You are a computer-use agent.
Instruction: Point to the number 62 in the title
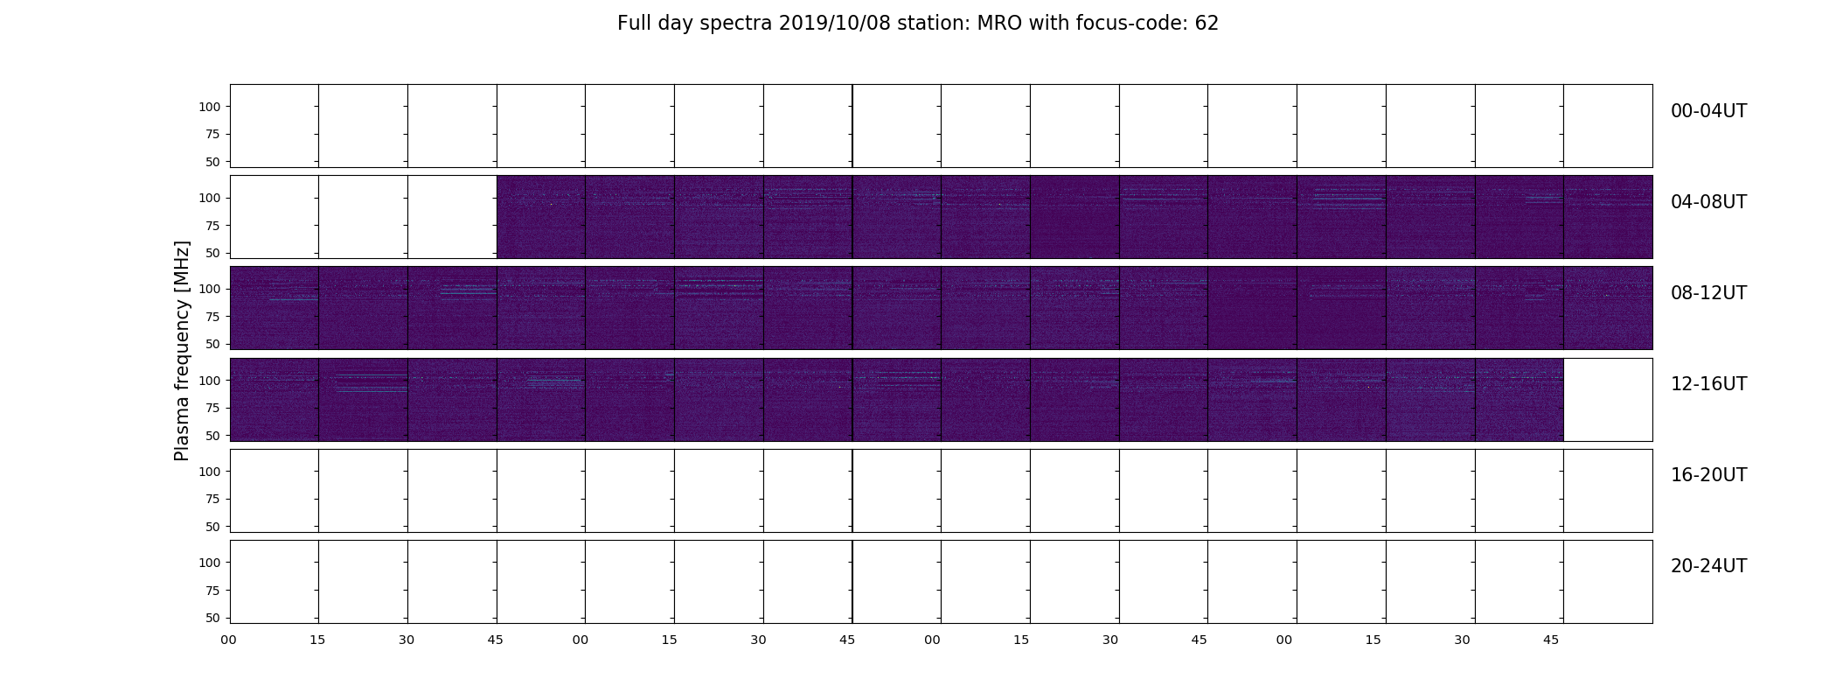(x=1207, y=24)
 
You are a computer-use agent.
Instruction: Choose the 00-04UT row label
(x=1708, y=111)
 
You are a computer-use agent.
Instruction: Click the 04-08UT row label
(x=1708, y=202)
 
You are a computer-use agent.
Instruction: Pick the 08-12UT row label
(x=1708, y=293)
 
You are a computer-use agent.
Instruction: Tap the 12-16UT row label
(x=1708, y=384)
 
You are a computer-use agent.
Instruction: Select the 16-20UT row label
(x=1708, y=475)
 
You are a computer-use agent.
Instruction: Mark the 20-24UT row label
(x=1708, y=566)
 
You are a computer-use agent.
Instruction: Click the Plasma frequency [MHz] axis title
(x=182, y=351)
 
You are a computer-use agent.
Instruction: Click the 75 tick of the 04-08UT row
(x=212, y=226)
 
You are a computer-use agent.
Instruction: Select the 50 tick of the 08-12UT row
(x=212, y=344)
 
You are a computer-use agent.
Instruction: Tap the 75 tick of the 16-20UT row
(x=212, y=500)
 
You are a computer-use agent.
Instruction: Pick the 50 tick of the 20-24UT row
(x=212, y=618)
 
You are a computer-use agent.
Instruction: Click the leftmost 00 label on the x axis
(x=229, y=640)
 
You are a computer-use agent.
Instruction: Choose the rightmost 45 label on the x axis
(x=1551, y=640)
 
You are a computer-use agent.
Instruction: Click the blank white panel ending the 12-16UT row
(x=1608, y=400)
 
